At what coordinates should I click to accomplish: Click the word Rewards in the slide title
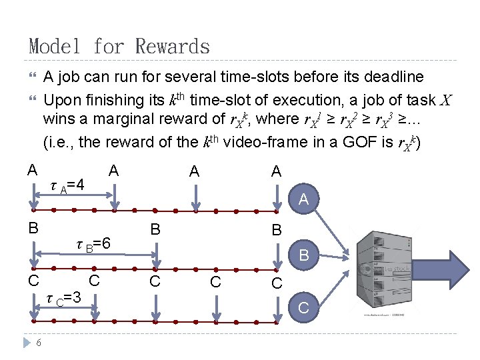tap(172, 47)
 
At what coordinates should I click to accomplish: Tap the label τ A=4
tap(67, 184)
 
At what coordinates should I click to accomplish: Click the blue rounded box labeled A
tap(304, 199)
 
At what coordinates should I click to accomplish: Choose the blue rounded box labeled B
tap(304, 254)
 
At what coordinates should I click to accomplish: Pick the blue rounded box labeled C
tap(304, 307)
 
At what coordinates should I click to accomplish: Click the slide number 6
tap(39, 342)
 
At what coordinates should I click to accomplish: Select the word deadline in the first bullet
tap(389, 77)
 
